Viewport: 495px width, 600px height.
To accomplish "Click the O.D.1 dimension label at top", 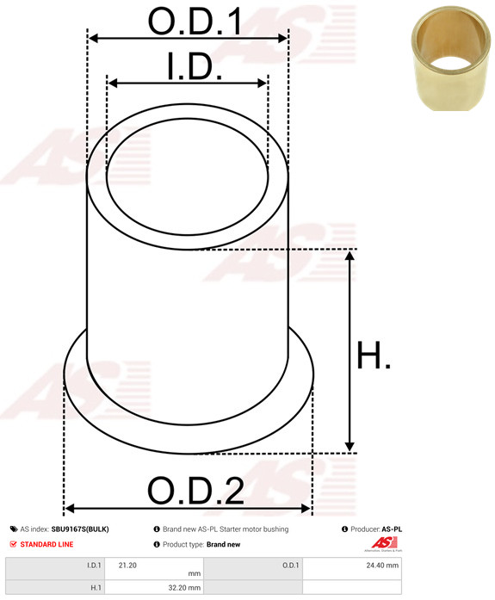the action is point(195,22).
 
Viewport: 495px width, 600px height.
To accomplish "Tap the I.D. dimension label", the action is point(195,66).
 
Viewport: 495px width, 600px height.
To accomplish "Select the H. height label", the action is point(374,356).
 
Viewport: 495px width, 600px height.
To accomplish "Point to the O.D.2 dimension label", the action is point(195,490).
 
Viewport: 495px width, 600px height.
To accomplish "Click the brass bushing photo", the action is point(451,59).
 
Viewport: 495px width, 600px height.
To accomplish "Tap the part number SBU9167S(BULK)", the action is point(80,529).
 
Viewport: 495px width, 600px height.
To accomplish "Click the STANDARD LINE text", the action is point(46,544).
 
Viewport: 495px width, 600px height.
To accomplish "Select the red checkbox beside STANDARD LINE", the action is point(14,544).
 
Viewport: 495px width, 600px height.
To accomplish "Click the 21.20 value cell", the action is point(154,569).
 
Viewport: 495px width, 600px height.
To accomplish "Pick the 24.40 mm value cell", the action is point(352,569).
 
